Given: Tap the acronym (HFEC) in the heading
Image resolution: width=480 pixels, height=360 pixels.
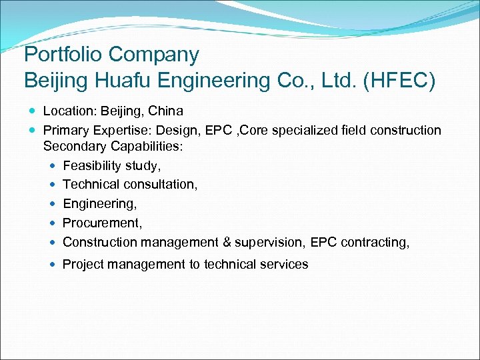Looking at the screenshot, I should click(399, 81).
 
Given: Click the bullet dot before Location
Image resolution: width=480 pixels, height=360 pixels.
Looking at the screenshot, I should click(33, 111).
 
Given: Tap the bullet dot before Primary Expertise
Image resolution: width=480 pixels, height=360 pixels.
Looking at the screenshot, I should click(33, 130).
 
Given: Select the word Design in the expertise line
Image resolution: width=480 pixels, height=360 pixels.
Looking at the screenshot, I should click(177, 130).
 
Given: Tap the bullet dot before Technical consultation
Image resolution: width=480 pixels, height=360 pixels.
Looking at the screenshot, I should click(53, 185).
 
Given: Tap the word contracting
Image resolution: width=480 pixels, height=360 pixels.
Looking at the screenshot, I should click(375, 242).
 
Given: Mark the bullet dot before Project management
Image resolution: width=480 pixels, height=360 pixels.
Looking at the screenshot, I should click(53, 265).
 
